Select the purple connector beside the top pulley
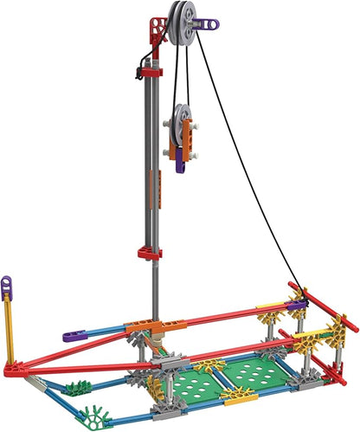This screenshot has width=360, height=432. pyautogui.click(x=208, y=26)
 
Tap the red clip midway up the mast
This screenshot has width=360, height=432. pyautogui.click(x=151, y=253)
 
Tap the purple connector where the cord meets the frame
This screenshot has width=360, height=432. pyautogui.click(x=297, y=296)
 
